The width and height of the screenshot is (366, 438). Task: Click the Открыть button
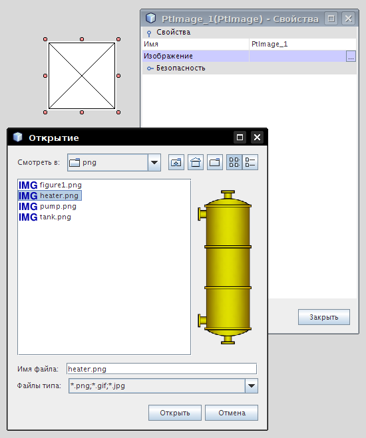coord(175,413)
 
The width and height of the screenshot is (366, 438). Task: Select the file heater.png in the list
coord(50,195)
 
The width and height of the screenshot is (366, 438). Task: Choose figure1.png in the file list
coord(50,185)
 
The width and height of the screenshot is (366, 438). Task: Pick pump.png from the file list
coord(47,207)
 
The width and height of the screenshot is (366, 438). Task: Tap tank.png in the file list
coord(45,217)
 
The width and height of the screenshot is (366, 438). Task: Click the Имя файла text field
coord(162,369)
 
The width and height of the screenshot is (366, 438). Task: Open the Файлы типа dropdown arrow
coord(252,385)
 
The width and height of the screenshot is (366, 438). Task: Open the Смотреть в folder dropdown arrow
coord(154,162)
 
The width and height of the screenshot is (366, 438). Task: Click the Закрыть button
coord(324,317)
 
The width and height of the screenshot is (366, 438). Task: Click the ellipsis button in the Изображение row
coord(351,56)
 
